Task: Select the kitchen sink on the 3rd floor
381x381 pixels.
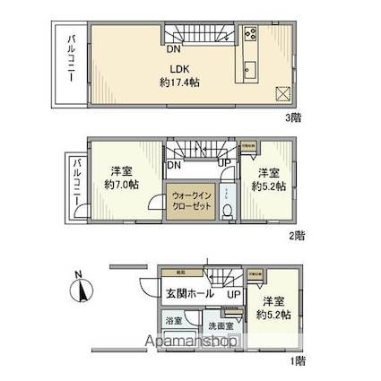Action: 250,71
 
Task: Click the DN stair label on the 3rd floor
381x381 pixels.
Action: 175,51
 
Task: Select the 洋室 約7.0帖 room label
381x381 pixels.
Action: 123,177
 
